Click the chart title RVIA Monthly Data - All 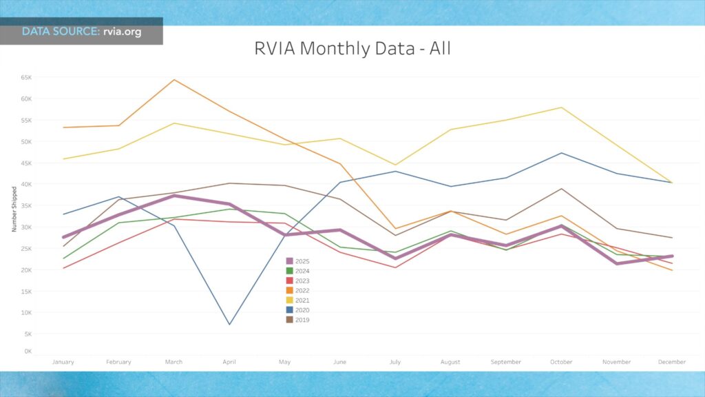click(x=352, y=49)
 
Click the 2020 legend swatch click(x=290, y=309)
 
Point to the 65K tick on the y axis click(x=27, y=77)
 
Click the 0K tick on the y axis click(x=28, y=352)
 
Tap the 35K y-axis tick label click(x=27, y=205)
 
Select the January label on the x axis click(x=63, y=362)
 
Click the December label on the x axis click(x=672, y=362)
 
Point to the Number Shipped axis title click(x=14, y=209)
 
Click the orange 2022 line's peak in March click(x=174, y=80)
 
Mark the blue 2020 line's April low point click(x=229, y=324)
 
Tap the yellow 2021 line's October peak click(x=562, y=108)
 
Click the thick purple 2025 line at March click(x=174, y=196)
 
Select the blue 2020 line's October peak click(x=562, y=153)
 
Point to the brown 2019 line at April click(x=229, y=183)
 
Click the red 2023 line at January click(x=63, y=267)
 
